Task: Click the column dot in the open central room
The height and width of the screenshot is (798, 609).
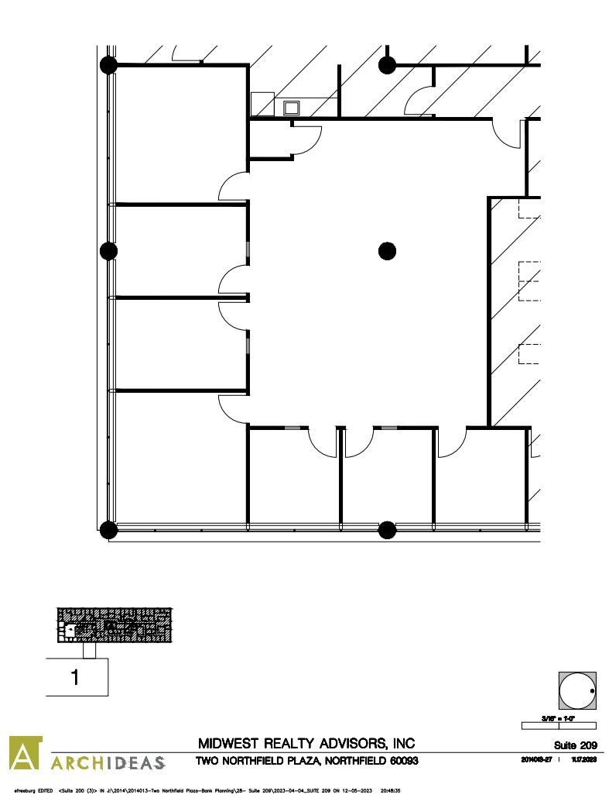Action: click(387, 250)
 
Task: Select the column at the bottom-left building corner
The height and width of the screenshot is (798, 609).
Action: click(109, 530)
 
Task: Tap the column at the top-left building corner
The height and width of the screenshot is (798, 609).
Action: click(109, 64)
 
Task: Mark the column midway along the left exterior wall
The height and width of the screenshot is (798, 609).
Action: click(109, 250)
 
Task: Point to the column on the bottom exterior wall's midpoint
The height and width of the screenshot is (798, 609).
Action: click(387, 530)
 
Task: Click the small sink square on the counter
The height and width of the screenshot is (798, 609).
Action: click(293, 108)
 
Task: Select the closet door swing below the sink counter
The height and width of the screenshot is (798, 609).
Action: click(308, 139)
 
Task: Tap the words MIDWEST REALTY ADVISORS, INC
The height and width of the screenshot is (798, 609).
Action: click(306, 745)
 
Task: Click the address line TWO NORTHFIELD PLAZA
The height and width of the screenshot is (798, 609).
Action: click(306, 762)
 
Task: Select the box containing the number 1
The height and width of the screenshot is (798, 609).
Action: click(76, 677)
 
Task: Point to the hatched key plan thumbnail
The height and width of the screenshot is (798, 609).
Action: click(114, 624)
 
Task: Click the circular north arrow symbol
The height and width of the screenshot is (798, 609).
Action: click(576, 691)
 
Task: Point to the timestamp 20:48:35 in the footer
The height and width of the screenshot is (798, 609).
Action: click(390, 790)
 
